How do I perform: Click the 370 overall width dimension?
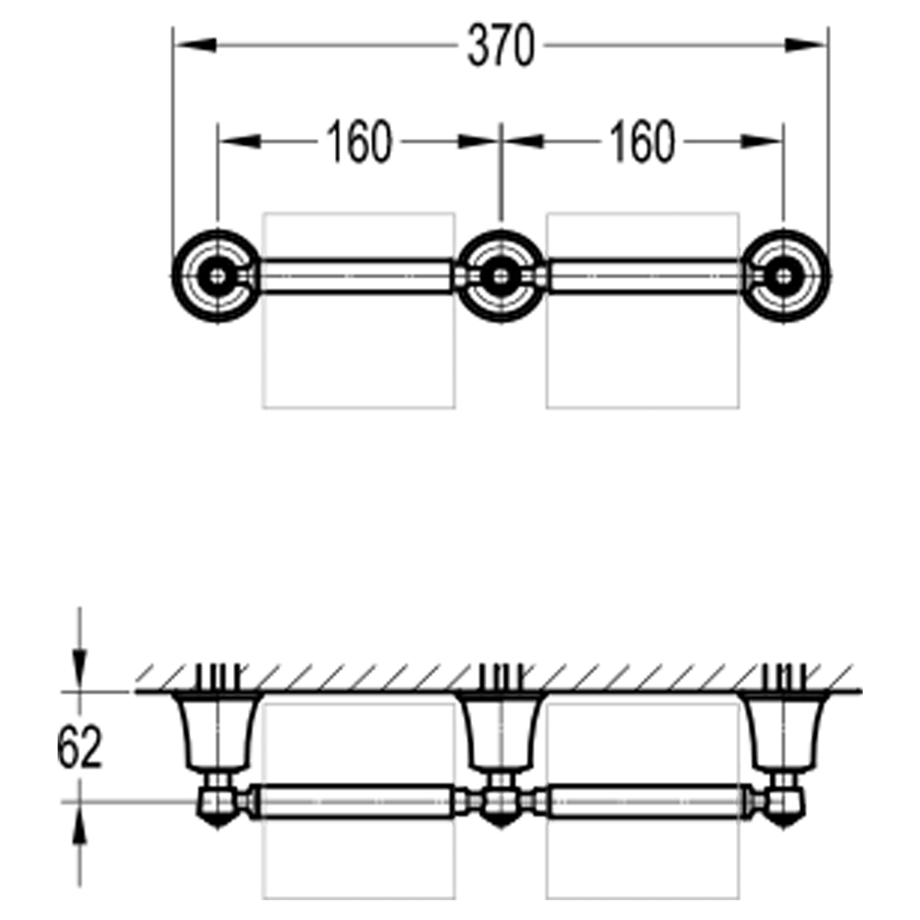[501, 46]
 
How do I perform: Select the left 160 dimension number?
[360, 141]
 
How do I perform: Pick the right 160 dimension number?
[643, 141]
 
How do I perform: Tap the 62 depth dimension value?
[79, 747]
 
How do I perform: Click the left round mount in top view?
[217, 276]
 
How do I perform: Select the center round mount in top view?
[500, 276]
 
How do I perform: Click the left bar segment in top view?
[356, 276]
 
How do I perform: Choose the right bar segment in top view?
[645, 276]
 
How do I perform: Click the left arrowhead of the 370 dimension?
[195, 46]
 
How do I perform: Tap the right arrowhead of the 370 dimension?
[806, 46]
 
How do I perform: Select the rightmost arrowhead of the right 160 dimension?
[762, 141]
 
